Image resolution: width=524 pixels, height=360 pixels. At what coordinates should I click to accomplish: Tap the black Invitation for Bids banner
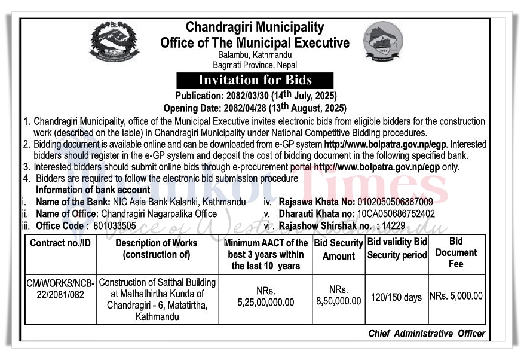(x=255, y=80)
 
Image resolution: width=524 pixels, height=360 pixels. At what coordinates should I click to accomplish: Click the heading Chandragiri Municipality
(x=255, y=28)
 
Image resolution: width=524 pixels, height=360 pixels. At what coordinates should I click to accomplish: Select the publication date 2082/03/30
(x=244, y=96)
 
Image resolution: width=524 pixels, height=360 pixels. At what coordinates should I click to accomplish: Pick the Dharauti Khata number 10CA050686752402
(x=396, y=213)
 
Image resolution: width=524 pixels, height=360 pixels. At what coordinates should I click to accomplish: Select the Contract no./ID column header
(x=62, y=243)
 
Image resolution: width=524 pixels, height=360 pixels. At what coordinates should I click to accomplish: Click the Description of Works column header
(x=156, y=249)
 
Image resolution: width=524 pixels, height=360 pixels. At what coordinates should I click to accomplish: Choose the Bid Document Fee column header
(x=456, y=252)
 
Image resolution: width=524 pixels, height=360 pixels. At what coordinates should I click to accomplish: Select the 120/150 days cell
(x=396, y=297)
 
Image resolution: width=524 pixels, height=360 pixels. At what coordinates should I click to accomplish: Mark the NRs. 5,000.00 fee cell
(x=456, y=296)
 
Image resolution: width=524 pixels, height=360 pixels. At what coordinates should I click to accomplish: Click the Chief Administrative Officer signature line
(x=427, y=334)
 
